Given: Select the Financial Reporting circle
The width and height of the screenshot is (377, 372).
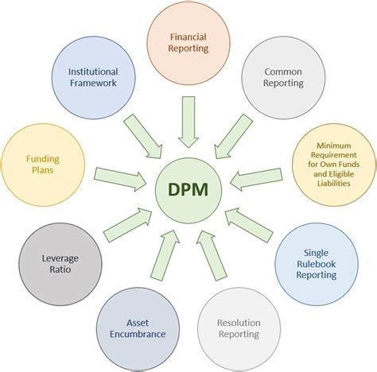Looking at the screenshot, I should click(188, 41).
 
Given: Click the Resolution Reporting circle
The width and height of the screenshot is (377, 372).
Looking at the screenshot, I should click(238, 327).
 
